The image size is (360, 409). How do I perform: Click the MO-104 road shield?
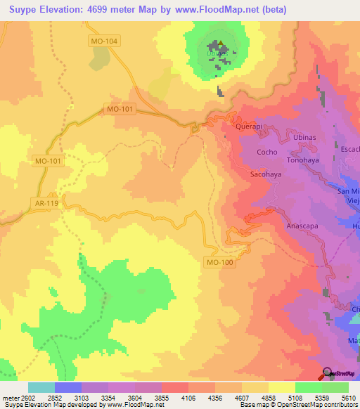[x=105, y=41]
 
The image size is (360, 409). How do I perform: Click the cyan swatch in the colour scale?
[x=41, y=387]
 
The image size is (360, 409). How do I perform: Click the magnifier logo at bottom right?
[x=328, y=372]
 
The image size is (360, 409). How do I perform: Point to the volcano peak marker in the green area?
[x=220, y=46]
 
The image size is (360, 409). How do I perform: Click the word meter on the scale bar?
[x=11, y=398]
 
